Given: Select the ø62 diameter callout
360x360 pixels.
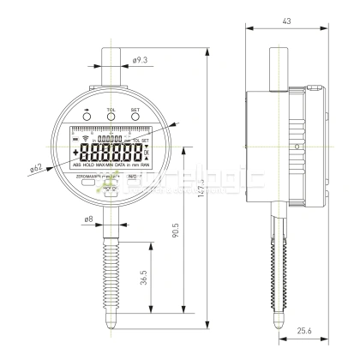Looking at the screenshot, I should click(x=35, y=169).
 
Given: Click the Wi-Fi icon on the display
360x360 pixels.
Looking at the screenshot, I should click(x=85, y=139).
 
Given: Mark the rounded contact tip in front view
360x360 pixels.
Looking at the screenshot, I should click(x=111, y=325).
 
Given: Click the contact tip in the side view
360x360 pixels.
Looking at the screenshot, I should click(x=279, y=325).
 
